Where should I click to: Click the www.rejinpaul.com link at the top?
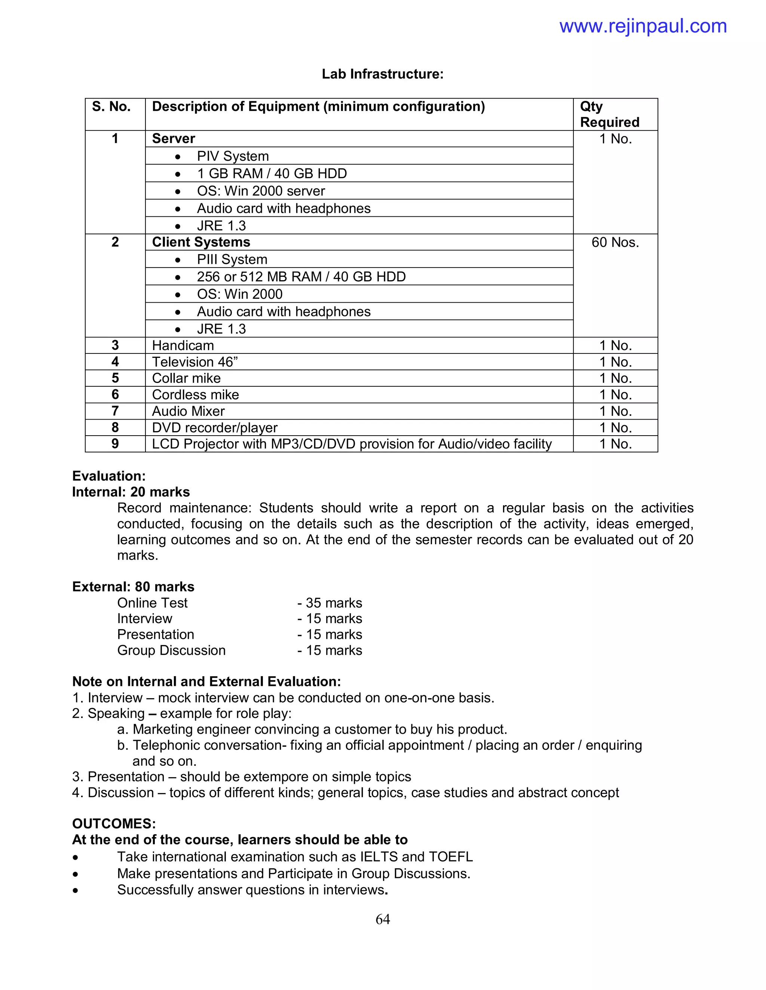point(643,26)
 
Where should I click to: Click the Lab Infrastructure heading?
point(383,74)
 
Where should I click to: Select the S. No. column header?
point(111,106)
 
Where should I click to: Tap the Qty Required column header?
point(609,114)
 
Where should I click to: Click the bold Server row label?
point(173,139)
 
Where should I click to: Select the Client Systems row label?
point(201,242)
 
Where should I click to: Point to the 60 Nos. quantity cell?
point(615,242)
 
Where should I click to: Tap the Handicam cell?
point(183,346)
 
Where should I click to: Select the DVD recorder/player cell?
point(215,427)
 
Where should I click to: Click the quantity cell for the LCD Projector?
point(615,444)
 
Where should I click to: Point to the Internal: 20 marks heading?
point(131,492)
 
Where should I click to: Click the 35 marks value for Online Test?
point(334,603)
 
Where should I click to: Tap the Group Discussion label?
point(171,650)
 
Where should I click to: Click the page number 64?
point(383,919)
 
